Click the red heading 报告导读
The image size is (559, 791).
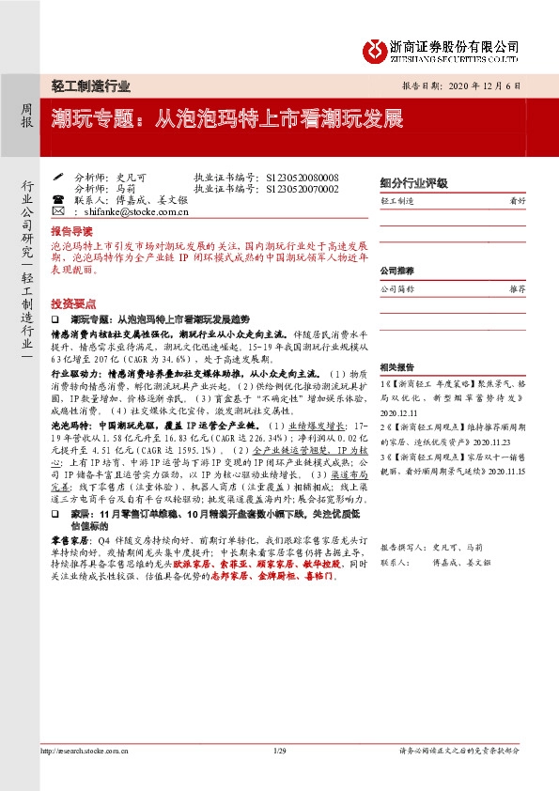(x=72, y=230)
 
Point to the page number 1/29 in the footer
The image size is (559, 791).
(x=279, y=777)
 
